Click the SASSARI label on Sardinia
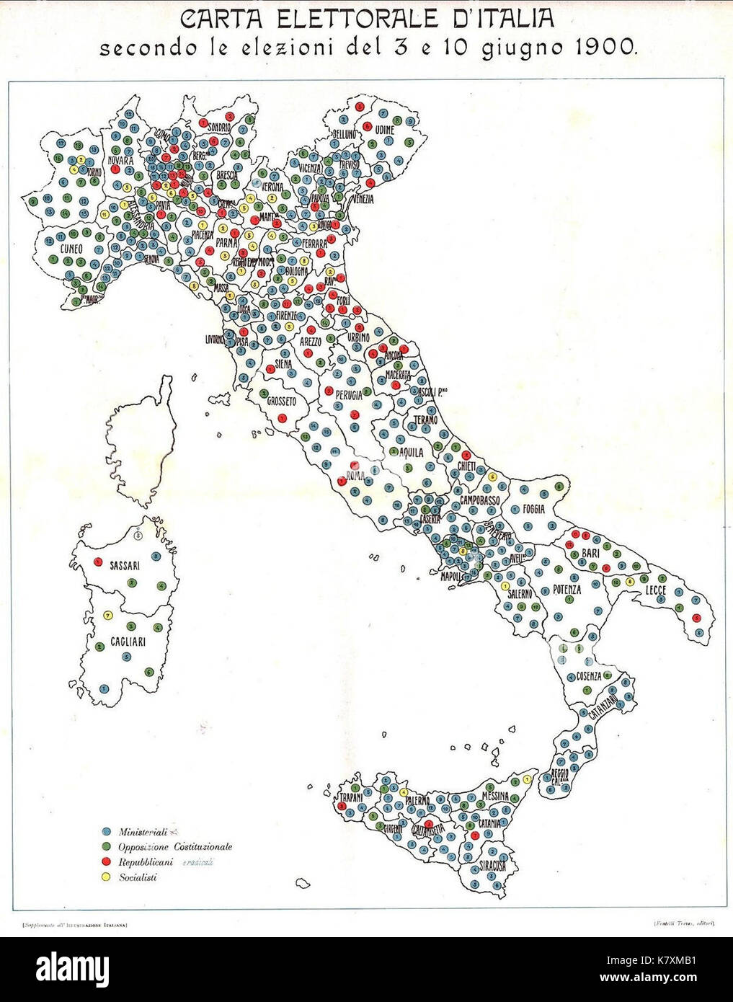tap(125, 565)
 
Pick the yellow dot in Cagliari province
tap(107, 615)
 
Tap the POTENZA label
tap(567, 590)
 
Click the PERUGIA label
tap(347, 396)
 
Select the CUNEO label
tap(71, 249)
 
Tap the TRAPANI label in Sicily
tap(351, 798)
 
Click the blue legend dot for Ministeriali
tap(106, 830)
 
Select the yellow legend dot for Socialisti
tap(106, 877)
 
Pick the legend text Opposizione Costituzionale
tap(174, 846)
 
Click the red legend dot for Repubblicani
tap(106, 862)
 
